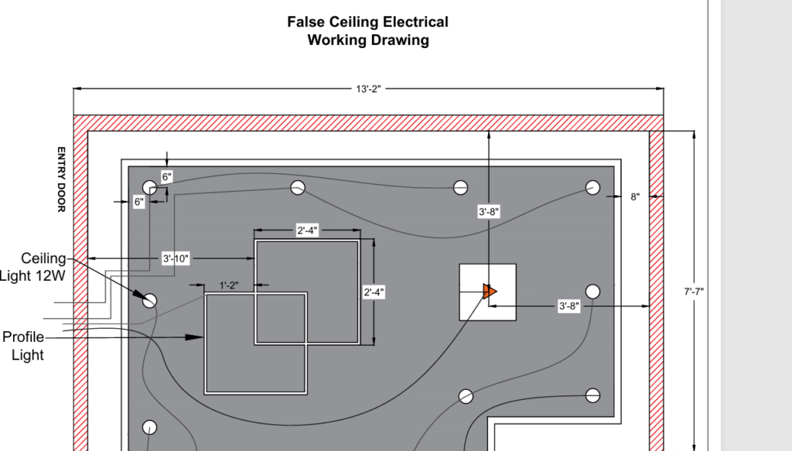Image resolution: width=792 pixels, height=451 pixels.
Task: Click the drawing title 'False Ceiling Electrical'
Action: coord(367,22)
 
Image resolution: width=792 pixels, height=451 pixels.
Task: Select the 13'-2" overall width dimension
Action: coord(367,89)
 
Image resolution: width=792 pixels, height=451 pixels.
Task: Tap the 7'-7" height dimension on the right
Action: coord(694,292)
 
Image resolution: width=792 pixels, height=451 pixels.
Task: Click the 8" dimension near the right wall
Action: coord(635,196)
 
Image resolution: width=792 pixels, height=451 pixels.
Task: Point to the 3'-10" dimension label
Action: coord(176,258)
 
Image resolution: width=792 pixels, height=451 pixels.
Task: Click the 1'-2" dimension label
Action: coord(228,285)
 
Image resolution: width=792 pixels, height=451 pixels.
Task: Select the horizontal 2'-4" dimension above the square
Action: coord(307,231)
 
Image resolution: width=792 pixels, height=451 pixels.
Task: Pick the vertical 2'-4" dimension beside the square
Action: coord(374,292)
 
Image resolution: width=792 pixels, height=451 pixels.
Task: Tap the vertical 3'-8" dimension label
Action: coord(488,212)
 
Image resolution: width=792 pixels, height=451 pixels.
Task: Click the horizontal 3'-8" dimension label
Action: coord(568,306)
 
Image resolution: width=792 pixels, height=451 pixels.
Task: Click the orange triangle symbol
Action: coord(489,292)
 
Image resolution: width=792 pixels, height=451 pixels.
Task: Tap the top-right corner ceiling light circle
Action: coord(592,187)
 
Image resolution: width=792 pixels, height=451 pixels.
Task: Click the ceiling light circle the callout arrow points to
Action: coord(150,300)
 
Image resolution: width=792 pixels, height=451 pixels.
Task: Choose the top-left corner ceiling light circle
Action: coord(149,187)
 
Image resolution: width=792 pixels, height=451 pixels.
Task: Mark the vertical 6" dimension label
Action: coord(166,176)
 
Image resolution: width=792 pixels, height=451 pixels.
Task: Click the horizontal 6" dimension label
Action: coord(138,202)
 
